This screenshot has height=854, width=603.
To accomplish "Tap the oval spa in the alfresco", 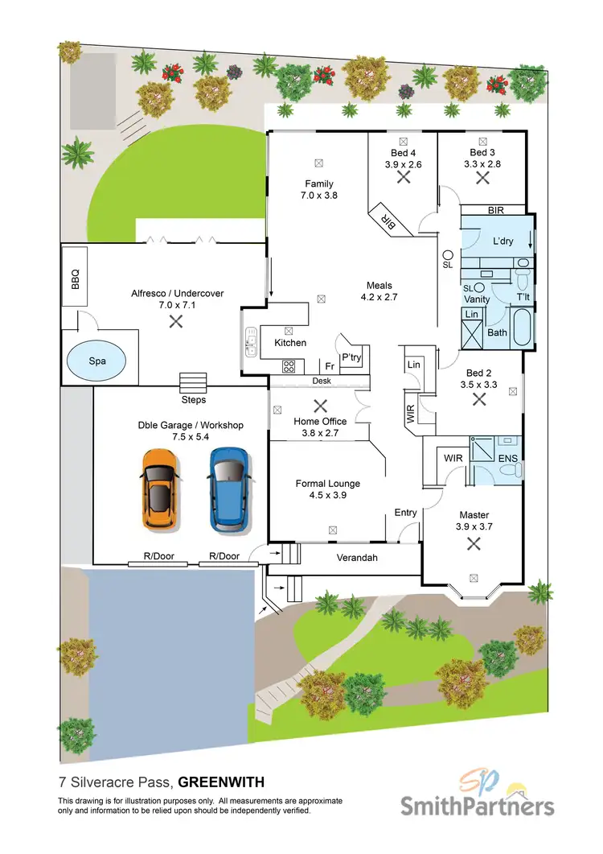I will click(97, 361).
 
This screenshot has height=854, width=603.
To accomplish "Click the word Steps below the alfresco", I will click(193, 399).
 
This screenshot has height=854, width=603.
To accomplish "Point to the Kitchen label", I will click(290, 343).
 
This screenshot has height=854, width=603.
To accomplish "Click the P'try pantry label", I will click(351, 357).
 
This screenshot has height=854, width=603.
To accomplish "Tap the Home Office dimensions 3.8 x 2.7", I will click(319, 433).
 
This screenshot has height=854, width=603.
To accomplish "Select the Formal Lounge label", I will click(327, 484).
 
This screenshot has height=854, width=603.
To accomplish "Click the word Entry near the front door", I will click(405, 513).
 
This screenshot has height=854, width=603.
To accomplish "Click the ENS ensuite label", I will click(507, 458).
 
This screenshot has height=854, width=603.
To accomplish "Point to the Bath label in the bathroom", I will click(498, 332).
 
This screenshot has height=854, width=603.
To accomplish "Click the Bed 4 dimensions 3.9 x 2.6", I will click(403, 164).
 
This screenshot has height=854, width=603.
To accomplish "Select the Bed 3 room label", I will click(482, 152).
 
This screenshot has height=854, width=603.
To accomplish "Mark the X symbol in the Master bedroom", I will click(474, 544).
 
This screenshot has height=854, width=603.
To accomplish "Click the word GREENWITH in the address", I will click(221, 782).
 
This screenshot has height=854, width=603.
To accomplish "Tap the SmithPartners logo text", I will click(478, 806).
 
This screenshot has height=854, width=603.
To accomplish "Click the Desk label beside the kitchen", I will click(320, 381).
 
